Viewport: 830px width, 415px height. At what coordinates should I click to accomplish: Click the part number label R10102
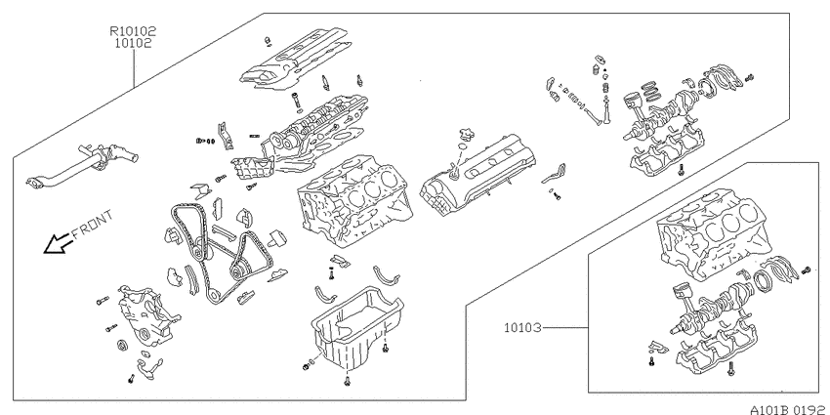133,30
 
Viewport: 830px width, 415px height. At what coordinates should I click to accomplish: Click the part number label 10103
522,328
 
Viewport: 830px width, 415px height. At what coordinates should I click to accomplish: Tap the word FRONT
92,225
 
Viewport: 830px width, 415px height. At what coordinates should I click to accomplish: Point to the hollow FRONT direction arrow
58,243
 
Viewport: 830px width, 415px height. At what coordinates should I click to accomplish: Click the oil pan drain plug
306,366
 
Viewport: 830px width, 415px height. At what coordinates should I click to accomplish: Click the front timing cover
143,316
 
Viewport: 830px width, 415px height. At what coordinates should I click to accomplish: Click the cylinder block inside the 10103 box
712,233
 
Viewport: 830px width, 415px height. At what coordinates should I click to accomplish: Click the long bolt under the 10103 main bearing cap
731,368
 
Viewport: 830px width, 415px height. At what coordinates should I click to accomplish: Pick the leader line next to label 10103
565,328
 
